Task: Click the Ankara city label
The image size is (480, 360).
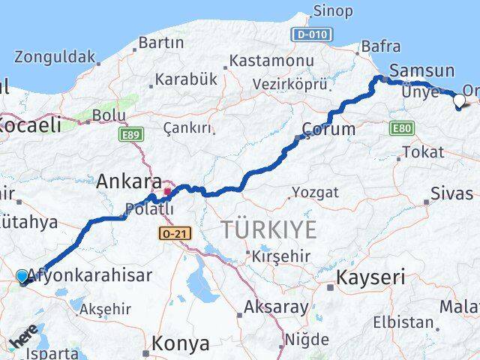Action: pyautogui.click(x=129, y=181)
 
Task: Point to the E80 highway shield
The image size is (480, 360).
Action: pyautogui.click(x=401, y=129)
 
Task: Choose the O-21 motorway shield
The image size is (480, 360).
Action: pyautogui.click(x=175, y=234)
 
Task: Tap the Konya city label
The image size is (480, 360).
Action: pyautogui.click(x=180, y=343)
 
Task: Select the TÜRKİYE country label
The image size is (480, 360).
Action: pyautogui.click(x=268, y=229)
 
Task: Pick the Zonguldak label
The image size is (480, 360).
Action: pyautogui.click(x=55, y=56)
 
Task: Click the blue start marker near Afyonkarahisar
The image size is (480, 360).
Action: pyautogui.click(x=22, y=277)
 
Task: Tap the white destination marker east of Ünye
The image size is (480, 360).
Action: pyautogui.click(x=459, y=99)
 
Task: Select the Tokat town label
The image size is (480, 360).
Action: pyautogui.click(x=422, y=152)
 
